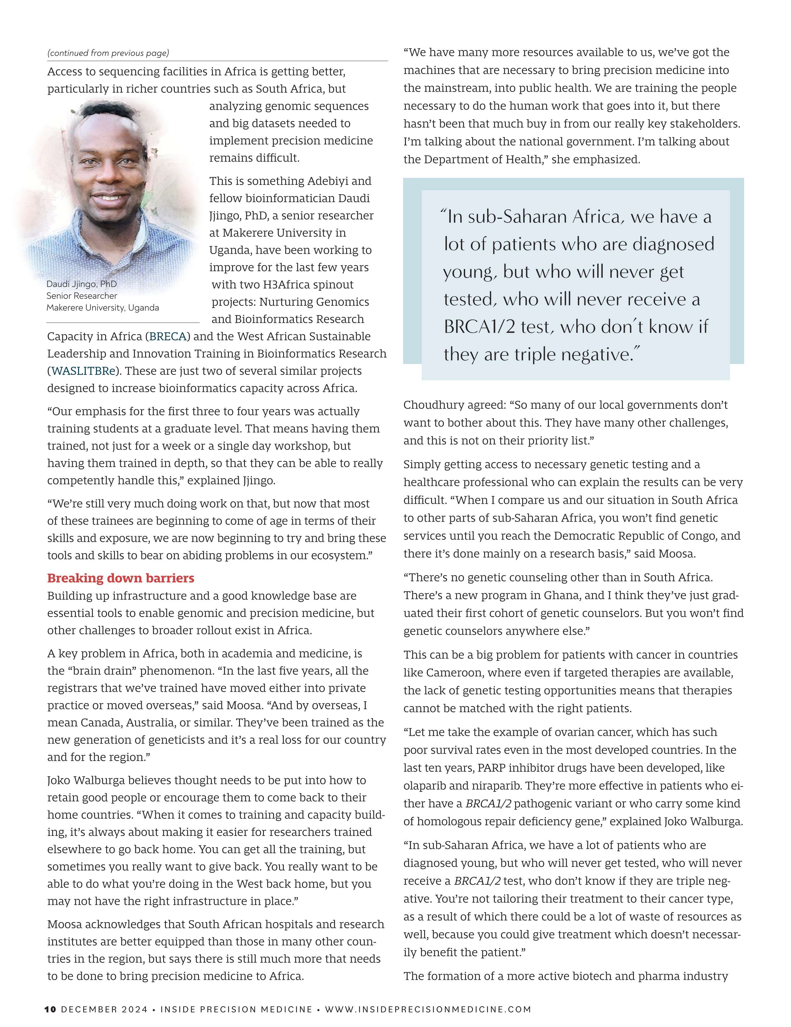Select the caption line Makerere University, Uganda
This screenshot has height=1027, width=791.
[103, 308]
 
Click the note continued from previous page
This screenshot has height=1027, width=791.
[108, 53]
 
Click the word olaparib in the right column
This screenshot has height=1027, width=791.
[426, 786]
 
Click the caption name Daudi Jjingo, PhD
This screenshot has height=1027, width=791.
[81, 284]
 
